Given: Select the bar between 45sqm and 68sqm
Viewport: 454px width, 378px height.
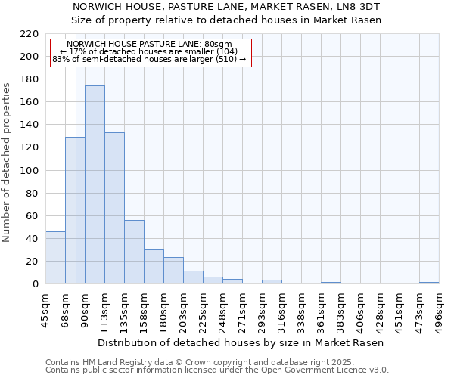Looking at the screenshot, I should coord(55,258).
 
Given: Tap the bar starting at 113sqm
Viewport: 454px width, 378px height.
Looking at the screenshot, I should coord(114,208).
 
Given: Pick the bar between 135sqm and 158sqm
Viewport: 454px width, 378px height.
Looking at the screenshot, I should coord(134,252).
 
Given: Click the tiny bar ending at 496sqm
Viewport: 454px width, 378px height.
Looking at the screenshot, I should coord(429,283).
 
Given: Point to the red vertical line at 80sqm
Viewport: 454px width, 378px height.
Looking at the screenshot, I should coord(76,189).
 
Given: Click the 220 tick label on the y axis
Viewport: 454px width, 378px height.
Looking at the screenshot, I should coord(30,34).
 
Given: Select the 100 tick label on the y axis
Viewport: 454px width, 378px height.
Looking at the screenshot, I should coord(30,171).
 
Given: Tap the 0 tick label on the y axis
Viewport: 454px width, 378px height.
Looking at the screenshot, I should coord(36,284).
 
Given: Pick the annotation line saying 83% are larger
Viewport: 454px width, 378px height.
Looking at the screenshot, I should coord(148,59).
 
